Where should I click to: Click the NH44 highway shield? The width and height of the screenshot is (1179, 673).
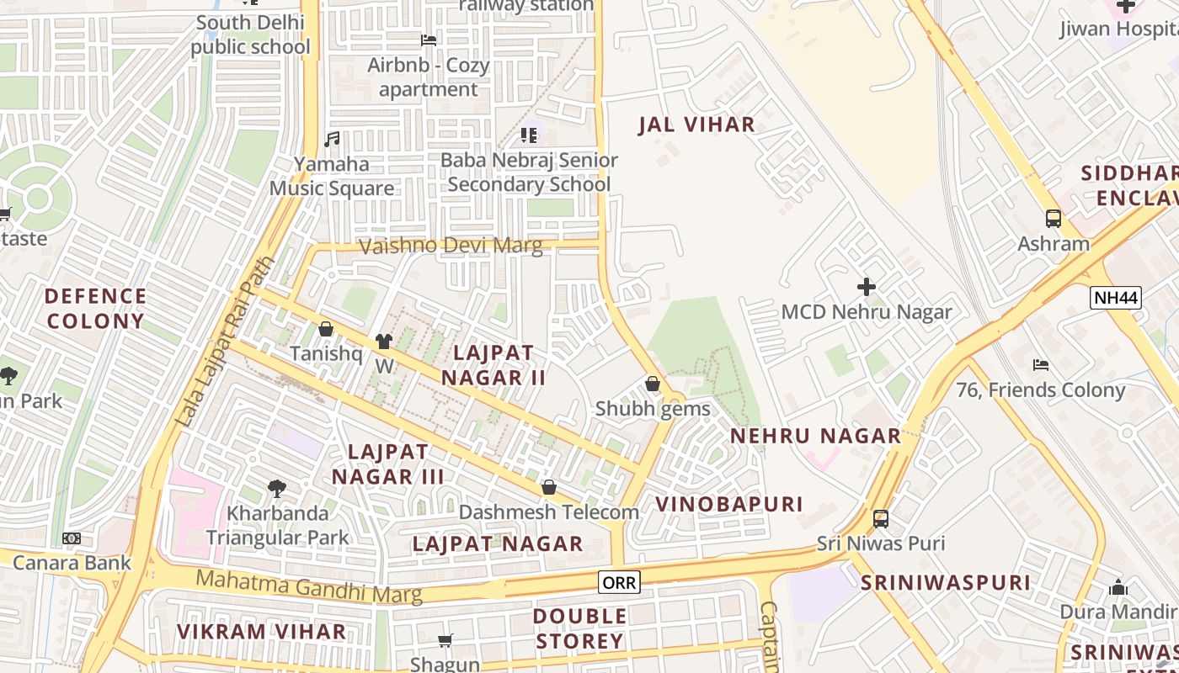(1115, 297)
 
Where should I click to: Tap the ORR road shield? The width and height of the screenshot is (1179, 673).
(619, 581)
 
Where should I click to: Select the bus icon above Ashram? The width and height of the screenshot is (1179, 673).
(1053, 219)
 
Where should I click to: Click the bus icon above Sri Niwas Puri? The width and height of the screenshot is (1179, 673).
(880, 519)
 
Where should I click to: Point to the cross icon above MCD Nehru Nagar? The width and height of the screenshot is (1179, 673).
(866, 287)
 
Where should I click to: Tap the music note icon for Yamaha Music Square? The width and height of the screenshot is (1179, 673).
(332, 139)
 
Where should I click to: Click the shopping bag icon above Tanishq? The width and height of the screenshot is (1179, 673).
(326, 329)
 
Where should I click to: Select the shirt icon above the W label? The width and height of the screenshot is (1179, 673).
(384, 341)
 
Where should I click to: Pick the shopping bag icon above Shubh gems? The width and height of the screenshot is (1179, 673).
(652, 384)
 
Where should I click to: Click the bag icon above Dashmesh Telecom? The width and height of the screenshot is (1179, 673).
(548, 487)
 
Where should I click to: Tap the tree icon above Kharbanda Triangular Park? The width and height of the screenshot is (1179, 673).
(276, 488)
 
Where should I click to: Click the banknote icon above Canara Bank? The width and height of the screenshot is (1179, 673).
(72, 538)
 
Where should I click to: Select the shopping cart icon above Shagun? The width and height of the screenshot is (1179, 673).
(445, 641)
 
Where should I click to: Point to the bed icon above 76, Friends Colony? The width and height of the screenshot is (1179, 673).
(1041, 365)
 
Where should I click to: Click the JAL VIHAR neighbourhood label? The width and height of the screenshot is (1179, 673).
(696, 125)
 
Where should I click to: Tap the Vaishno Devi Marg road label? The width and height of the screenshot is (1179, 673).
(451, 246)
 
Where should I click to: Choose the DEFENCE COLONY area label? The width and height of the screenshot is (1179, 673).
(96, 309)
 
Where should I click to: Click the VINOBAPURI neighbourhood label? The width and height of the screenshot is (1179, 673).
(729, 504)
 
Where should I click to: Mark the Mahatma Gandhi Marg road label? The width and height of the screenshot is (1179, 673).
(308, 586)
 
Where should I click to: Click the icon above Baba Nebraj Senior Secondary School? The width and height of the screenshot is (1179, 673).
(529, 135)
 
